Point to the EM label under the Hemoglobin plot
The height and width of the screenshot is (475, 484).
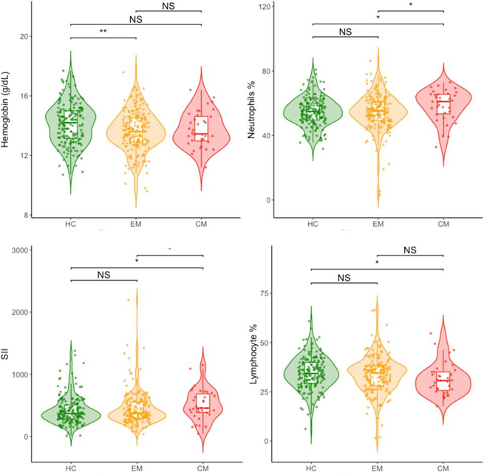coord(137,220)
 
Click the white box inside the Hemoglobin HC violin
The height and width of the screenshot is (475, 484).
coord(71,123)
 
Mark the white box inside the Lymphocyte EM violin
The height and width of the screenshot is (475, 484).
coord(378,376)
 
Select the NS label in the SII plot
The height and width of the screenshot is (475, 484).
coord(103,274)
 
